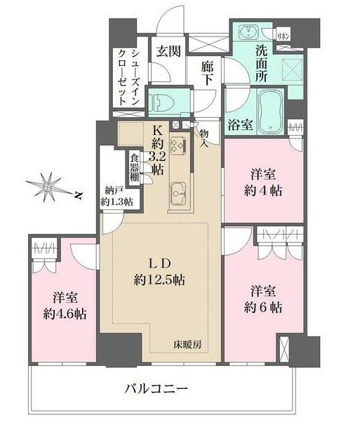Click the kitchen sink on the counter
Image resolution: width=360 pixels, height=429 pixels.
[178, 190]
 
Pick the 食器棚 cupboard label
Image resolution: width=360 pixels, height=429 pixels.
[133, 169]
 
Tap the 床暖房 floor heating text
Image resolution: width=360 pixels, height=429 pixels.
[187, 344]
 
